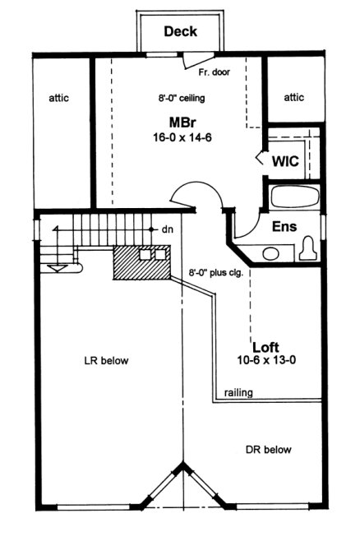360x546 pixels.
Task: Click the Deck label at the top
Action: (180, 32)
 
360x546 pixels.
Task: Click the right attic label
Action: (293, 98)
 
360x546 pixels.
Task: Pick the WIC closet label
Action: (285, 161)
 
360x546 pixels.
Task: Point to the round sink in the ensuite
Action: (271, 252)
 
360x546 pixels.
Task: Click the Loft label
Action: (265, 345)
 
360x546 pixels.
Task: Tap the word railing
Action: (238, 393)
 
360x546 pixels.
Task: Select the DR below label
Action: (268, 450)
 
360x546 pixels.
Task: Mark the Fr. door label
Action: (214, 72)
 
